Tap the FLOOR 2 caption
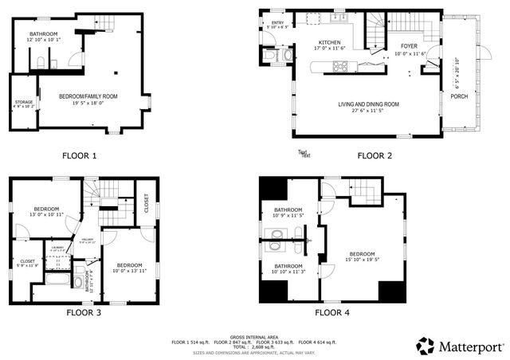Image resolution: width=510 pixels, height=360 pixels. (375, 155)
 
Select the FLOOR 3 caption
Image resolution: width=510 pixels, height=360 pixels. (83, 313)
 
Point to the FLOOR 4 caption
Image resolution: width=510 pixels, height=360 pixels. (333, 313)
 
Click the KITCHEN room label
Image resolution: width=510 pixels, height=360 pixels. (329, 43)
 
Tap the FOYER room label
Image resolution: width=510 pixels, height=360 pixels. (409, 47)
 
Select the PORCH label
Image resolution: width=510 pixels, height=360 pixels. (459, 97)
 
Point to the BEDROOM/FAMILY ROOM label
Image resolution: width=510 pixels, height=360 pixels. (88, 96)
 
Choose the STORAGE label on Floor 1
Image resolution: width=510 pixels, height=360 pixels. (23, 102)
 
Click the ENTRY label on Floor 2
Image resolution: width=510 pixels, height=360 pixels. (277, 23)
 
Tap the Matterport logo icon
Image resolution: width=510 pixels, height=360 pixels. (425, 346)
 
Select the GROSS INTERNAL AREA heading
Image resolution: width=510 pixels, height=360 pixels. (254, 337)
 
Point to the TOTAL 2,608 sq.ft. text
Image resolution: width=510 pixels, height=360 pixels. (254, 346)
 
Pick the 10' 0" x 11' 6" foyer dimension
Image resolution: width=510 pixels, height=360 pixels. (409, 53)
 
